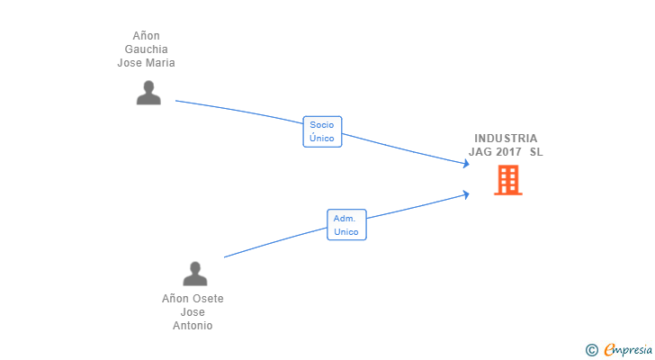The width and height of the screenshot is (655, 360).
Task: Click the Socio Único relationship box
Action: coord(322,131)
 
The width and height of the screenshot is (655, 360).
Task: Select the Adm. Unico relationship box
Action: coord(346,225)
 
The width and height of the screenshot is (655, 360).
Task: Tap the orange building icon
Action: coord(508,180)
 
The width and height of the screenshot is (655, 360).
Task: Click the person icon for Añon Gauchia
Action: coord(148,93)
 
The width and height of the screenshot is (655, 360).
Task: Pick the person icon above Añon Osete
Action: coord(194,274)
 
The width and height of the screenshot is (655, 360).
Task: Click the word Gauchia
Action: coord(146,49)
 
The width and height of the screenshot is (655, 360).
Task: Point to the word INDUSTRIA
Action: coord(506,139)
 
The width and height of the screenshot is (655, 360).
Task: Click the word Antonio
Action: coord(193,325)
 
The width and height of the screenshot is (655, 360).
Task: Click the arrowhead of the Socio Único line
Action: coord(467,163)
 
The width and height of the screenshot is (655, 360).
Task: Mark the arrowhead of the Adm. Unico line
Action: coord(467,194)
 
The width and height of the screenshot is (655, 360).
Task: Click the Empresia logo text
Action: coord(628,350)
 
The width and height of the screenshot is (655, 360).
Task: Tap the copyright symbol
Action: coord(592,350)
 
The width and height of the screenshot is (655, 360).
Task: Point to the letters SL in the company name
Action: coord(536,151)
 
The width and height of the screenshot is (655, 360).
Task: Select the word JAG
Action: coord(480,151)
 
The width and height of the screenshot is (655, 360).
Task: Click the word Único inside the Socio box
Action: coord(322,139)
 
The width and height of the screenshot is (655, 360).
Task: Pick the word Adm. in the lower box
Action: coord(345,219)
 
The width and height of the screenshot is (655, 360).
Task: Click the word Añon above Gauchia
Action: coord(146,36)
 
